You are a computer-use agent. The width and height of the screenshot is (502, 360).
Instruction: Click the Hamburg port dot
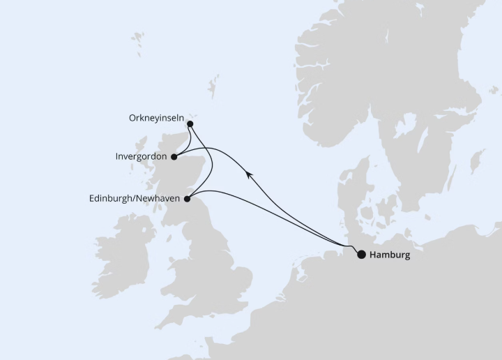click(361, 255)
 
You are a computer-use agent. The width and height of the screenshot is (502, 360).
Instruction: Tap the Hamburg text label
click(390, 255)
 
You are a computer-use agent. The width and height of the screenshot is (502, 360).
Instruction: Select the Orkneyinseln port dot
click(190, 124)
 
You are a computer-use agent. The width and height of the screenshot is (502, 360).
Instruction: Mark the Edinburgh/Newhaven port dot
click(187, 199)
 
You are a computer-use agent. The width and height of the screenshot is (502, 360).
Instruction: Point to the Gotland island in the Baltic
click(478, 160)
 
